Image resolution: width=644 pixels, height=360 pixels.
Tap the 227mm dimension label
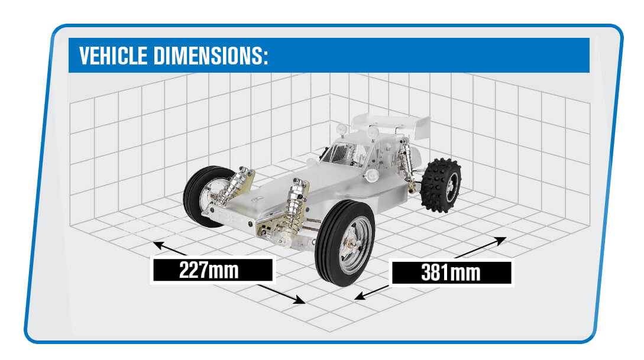tap(212, 270)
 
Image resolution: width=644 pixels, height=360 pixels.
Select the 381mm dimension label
tap(451, 273)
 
